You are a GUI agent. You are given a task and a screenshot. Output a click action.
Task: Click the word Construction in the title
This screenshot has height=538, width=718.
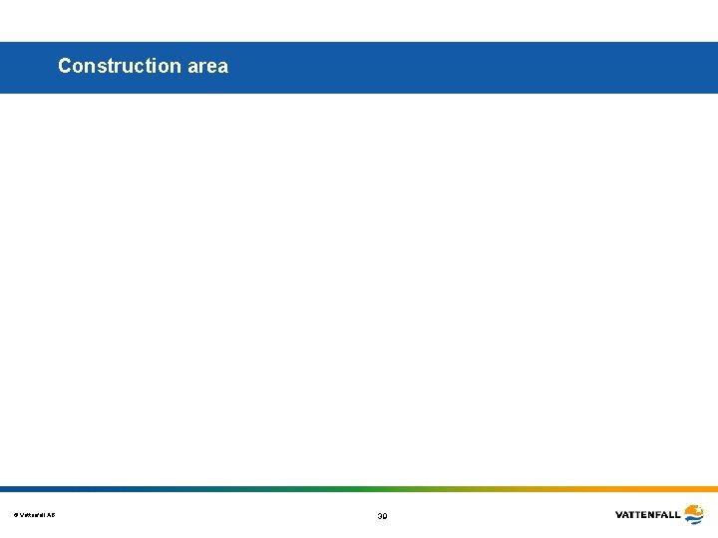119,66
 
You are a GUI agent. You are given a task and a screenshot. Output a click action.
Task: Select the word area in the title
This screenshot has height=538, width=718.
206,66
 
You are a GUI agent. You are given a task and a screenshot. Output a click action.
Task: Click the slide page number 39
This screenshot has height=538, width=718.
382,516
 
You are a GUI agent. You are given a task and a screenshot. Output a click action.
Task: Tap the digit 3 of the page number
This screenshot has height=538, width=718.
379,516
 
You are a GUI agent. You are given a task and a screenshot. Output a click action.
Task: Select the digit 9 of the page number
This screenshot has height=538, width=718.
385,516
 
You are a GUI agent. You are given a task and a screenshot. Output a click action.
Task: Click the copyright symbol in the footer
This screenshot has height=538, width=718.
15,515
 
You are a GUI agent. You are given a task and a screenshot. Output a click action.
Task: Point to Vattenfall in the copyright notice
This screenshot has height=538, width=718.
33,515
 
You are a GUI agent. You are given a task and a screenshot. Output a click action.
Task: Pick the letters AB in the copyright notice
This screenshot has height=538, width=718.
52,515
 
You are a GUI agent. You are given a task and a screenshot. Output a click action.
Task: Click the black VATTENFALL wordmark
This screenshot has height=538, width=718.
648,515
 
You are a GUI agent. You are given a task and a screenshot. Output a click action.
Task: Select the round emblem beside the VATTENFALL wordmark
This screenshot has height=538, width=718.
693,515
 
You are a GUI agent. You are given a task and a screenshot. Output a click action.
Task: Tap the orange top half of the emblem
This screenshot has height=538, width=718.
693,509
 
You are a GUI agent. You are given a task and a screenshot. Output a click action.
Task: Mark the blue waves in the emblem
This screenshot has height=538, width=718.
693,520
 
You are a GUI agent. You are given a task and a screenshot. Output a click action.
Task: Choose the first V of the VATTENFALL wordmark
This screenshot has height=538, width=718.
619,515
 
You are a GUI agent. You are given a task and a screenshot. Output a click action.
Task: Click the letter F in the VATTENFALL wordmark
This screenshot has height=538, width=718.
657,515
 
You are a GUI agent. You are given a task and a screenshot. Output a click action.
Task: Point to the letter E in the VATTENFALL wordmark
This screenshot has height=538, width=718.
642,515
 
